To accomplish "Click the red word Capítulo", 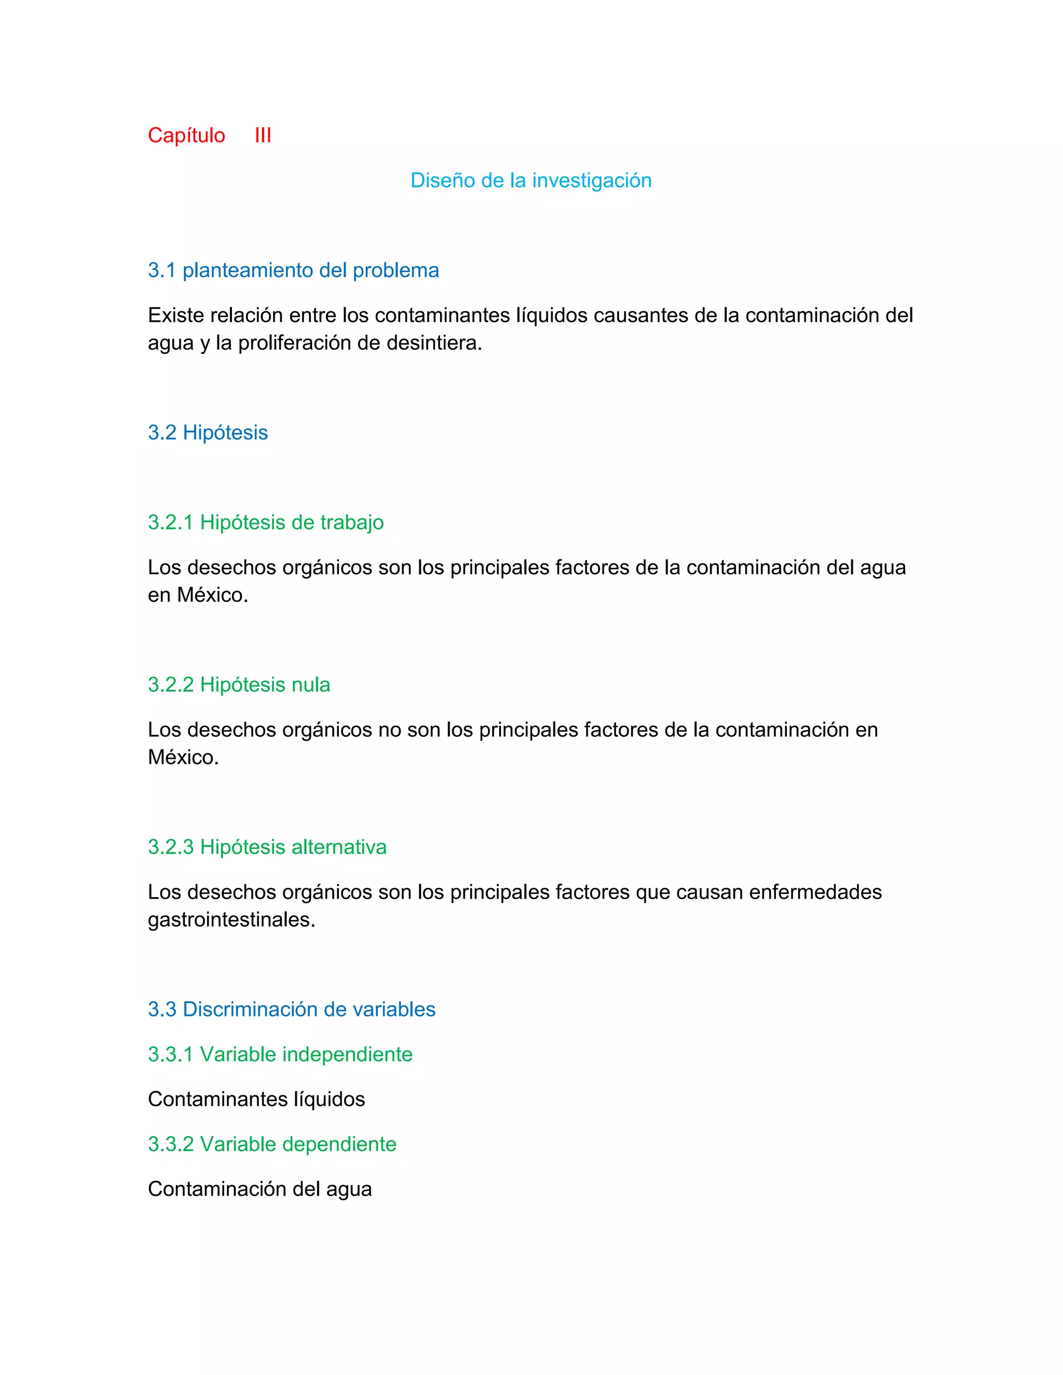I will (x=186, y=135).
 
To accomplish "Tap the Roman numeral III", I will (x=263, y=135).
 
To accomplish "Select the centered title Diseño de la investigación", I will (x=531, y=181).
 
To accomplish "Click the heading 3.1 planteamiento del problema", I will (x=293, y=270).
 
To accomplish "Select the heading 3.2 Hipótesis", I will (x=208, y=433).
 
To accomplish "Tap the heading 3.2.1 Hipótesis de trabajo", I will (x=266, y=522).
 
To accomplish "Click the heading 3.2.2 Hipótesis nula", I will (x=239, y=685).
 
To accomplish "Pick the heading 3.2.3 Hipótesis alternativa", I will (x=267, y=847).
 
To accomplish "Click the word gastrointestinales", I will (x=231, y=920).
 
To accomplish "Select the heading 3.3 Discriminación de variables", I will (x=292, y=1010).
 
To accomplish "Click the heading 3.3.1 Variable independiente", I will (x=280, y=1054).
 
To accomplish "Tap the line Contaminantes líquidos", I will (x=256, y=1099).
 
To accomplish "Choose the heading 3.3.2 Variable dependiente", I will (x=272, y=1145).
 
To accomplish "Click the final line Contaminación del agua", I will (x=260, y=1189).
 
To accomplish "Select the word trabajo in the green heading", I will (x=352, y=522).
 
